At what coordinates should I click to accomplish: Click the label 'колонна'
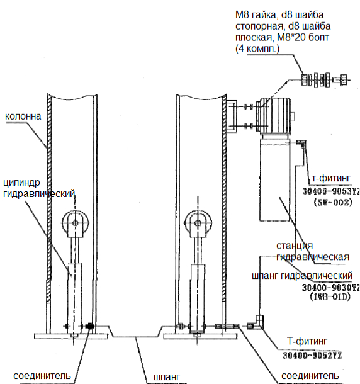(23, 116)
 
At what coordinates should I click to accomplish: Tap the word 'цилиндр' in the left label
(21, 183)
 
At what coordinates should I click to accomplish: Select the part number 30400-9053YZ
(331, 191)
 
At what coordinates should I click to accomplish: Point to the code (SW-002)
(333, 202)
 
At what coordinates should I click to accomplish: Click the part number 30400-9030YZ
(330, 287)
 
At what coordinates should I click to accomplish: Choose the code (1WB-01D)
(330, 296)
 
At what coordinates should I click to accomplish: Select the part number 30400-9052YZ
(313, 355)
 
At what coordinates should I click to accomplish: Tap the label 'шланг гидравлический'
(302, 276)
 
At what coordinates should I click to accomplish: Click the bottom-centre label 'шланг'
(167, 377)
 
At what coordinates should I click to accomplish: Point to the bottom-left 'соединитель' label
(42, 376)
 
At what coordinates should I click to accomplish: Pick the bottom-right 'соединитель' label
(310, 376)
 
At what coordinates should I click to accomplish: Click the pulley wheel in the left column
(75, 223)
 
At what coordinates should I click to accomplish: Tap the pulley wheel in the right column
(198, 223)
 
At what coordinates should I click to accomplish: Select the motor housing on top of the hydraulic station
(275, 116)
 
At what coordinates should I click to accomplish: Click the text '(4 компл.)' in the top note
(257, 48)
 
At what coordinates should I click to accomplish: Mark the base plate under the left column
(71, 336)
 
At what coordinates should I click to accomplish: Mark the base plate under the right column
(200, 336)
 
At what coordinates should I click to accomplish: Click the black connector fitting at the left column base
(90, 326)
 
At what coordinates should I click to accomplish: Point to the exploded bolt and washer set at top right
(325, 80)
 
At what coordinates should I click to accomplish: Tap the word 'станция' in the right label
(295, 246)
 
